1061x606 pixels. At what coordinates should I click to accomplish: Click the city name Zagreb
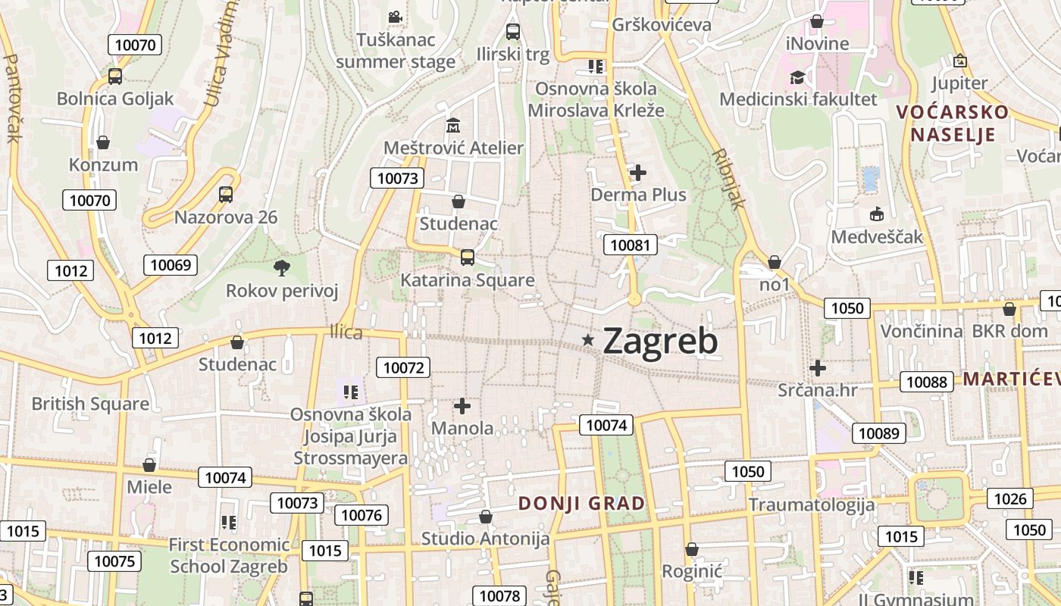(x=660, y=342)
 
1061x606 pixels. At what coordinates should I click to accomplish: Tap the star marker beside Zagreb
(x=588, y=340)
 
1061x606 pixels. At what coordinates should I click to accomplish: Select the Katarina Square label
(x=467, y=280)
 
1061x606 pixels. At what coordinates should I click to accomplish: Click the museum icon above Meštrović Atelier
(x=453, y=125)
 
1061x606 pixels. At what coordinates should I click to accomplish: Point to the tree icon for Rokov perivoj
(x=282, y=267)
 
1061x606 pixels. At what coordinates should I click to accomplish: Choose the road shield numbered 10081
(x=631, y=245)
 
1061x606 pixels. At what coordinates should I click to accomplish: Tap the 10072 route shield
(x=403, y=368)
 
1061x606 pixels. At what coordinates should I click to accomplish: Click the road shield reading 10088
(x=927, y=382)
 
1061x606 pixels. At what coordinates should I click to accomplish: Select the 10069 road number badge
(x=171, y=265)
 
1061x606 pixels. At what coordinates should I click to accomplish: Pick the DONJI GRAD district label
(x=582, y=504)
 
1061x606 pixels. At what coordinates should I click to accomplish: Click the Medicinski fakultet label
(x=798, y=99)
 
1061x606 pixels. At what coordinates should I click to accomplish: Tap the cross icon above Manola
(x=462, y=406)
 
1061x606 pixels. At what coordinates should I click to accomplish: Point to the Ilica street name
(x=346, y=333)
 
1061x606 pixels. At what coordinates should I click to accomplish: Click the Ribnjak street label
(x=729, y=179)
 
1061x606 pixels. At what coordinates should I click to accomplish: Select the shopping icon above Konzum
(x=103, y=142)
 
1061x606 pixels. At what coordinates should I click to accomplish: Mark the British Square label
(x=90, y=404)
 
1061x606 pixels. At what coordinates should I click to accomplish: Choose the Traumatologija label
(x=812, y=505)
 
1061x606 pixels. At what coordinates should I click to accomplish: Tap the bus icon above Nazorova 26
(x=226, y=195)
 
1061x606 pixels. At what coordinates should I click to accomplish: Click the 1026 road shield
(x=1010, y=498)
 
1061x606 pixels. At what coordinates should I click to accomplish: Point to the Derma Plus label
(x=638, y=195)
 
